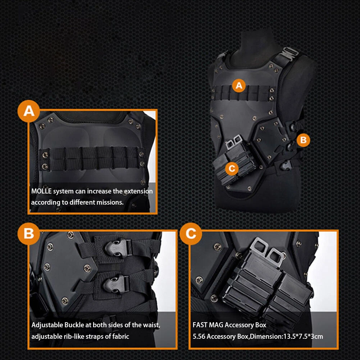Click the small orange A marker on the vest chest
coord(239,86)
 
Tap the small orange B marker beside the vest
coord(303,140)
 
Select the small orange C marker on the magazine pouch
coord(232,168)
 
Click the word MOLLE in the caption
coord(41,191)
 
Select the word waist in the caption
coord(150,325)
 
